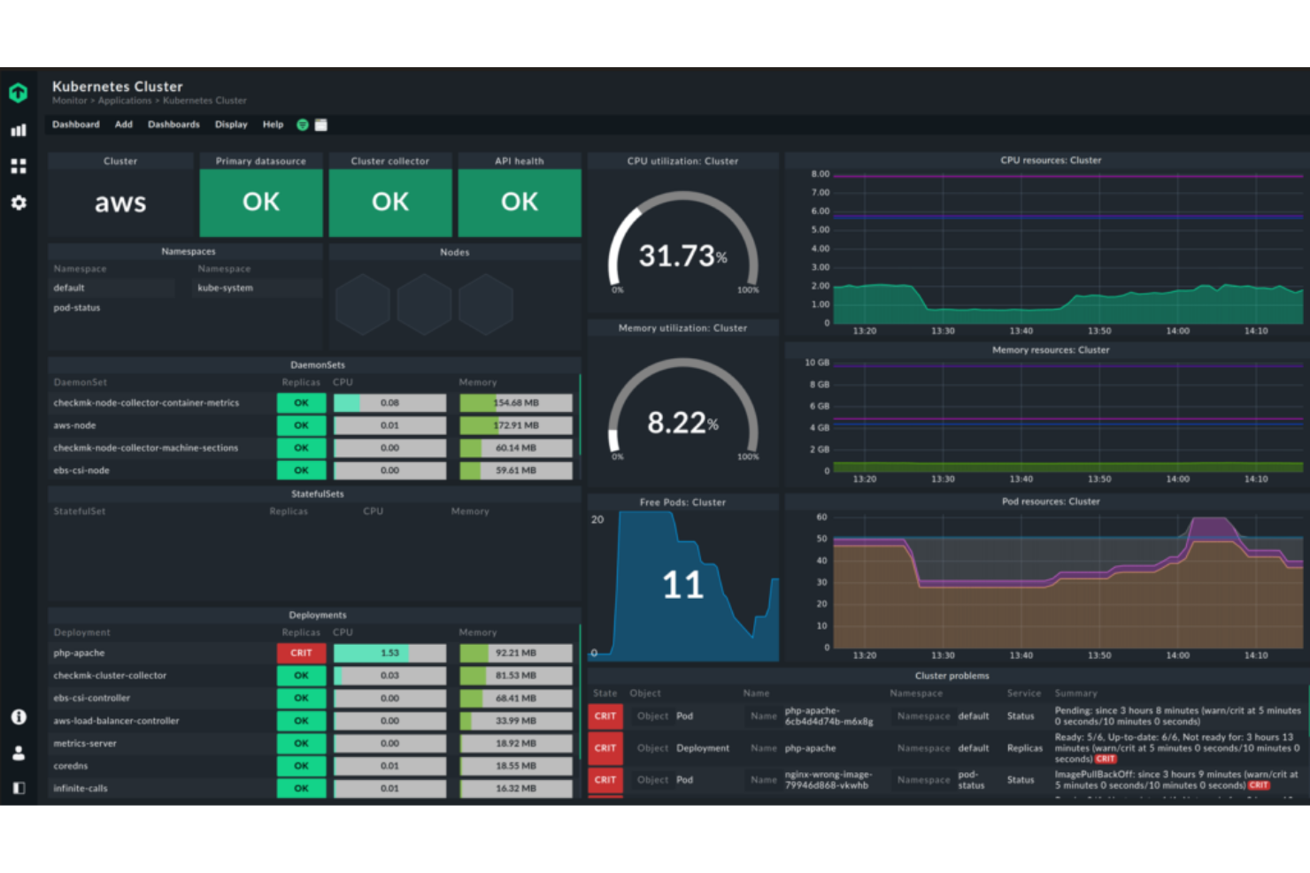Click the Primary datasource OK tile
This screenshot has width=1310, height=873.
pyautogui.click(x=261, y=203)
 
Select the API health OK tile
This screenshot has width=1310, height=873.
pyautogui.click(x=520, y=203)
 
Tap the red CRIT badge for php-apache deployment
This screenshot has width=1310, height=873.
pyautogui.click(x=301, y=653)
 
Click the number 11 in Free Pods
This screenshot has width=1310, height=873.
pyautogui.click(x=682, y=586)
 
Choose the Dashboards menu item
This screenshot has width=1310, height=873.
pyautogui.click(x=173, y=125)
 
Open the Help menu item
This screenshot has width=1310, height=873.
pyautogui.click(x=273, y=125)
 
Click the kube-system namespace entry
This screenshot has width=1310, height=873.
pyautogui.click(x=225, y=288)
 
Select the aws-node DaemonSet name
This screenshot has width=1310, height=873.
pyautogui.click(x=74, y=425)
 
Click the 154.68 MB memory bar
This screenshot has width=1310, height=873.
pyautogui.click(x=516, y=403)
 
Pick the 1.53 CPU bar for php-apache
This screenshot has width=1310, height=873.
pyautogui.click(x=389, y=653)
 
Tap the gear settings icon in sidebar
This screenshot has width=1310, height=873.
pyautogui.click(x=19, y=203)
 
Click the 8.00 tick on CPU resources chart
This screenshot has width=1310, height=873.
pyautogui.click(x=821, y=174)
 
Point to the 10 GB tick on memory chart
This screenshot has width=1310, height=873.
pyautogui.click(x=817, y=363)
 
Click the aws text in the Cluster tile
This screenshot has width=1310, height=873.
pyautogui.click(x=120, y=203)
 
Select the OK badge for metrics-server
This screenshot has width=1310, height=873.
pyautogui.click(x=301, y=744)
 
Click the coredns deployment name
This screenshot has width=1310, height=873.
pyautogui.click(x=71, y=766)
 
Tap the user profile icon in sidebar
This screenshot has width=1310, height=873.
pyautogui.click(x=19, y=754)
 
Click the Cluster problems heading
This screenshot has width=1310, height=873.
pyautogui.click(x=952, y=676)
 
